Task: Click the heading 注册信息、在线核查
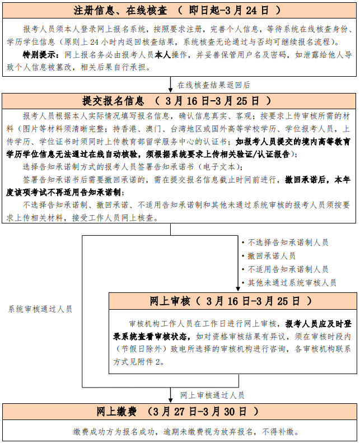click(120, 11)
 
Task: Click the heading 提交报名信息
click(113, 101)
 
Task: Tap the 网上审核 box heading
click(170, 301)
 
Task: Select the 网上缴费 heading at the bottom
click(116, 412)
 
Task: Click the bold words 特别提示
click(39, 54)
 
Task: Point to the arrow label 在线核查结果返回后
click(214, 85)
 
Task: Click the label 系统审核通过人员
click(40, 309)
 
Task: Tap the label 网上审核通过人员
click(212, 395)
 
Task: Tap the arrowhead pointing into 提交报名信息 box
click(171, 90)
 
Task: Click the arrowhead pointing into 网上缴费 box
click(171, 400)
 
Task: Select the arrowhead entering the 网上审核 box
click(239, 290)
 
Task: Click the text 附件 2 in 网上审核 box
click(149, 362)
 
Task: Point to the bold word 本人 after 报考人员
click(163, 54)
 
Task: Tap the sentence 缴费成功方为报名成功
click(114, 431)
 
